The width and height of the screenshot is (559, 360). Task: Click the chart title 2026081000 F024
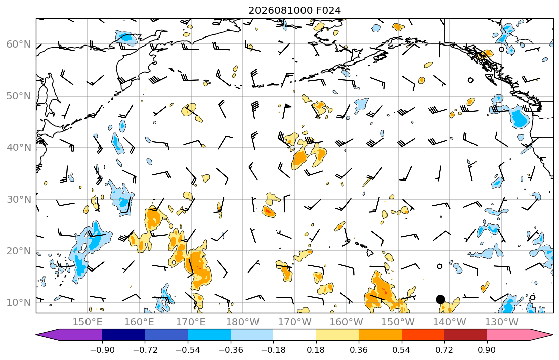(x=294, y=10)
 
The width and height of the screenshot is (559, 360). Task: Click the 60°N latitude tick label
(x=19, y=44)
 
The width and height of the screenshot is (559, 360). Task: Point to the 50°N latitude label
(x=19, y=96)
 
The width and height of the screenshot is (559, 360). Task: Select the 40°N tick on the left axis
(x=19, y=147)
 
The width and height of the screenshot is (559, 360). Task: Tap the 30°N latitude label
(x=19, y=199)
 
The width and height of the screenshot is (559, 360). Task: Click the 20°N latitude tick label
(x=19, y=251)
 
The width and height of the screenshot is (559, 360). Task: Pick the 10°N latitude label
(x=19, y=302)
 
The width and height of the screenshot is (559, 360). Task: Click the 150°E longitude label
(x=88, y=322)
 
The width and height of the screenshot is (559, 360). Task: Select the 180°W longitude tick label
(x=243, y=322)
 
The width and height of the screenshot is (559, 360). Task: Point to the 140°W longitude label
(x=450, y=322)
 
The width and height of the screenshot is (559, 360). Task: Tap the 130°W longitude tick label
(x=501, y=322)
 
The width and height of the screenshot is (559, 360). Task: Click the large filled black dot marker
(x=440, y=299)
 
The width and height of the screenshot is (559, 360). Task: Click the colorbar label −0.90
(x=102, y=350)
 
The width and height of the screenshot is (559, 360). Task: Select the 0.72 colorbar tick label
(x=444, y=350)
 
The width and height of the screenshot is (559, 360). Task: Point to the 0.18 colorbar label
(x=316, y=350)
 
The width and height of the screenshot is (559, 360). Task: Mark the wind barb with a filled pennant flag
(x=286, y=111)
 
